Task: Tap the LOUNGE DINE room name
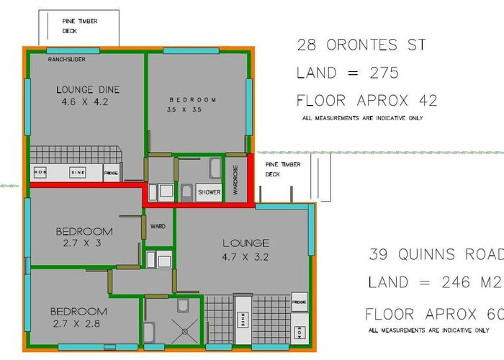(88, 90)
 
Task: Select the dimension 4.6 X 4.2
(86, 102)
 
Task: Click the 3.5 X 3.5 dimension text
(184, 111)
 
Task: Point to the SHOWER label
(209, 192)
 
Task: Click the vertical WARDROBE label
(235, 179)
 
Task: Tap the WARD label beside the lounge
(158, 226)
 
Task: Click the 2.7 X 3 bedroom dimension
(84, 244)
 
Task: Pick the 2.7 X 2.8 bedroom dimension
(78, 323)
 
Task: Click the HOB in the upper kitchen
(40, 173)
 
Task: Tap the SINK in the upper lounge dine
(78, 173)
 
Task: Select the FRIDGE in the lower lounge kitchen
(299, 302)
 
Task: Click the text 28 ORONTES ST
(361, 45)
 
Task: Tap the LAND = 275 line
(348, 73)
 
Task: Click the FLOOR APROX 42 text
(366, 100)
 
